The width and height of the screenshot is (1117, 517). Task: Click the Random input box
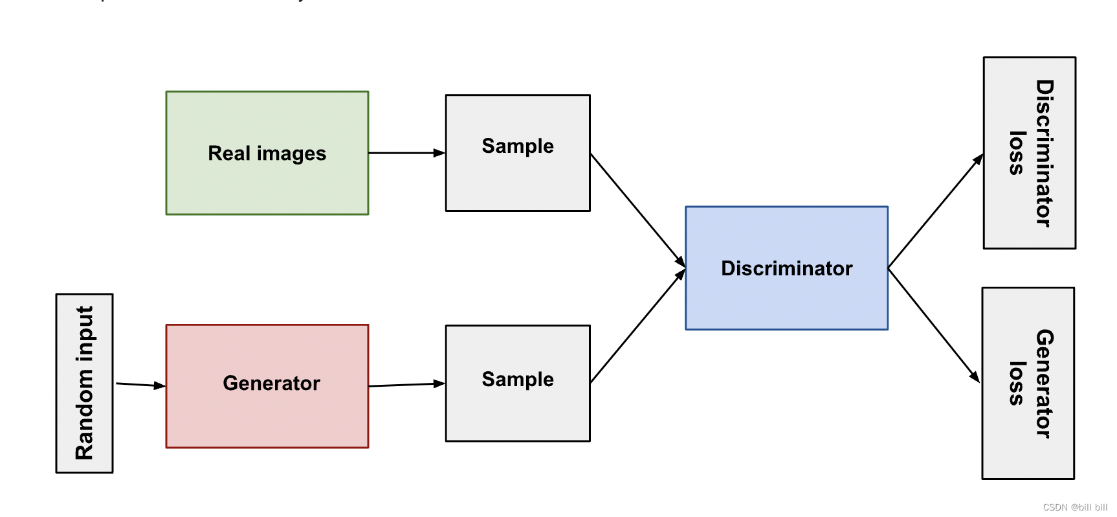click(84, 383)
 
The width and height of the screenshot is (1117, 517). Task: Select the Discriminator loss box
click(1029, 153)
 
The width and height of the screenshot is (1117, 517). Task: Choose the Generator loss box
click(1028, 384)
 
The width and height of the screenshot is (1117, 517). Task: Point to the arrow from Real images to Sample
click(406, 153)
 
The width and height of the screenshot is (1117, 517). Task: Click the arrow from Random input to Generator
click(140, 385)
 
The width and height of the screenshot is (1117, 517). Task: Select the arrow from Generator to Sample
click(406, 385)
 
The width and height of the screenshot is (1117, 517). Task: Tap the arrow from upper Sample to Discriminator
click(637, 209)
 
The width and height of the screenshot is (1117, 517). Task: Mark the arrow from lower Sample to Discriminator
click(637, 327)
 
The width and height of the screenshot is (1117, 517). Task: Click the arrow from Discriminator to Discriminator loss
click(935, 211)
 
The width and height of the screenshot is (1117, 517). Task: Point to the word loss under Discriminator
click(1017, 154)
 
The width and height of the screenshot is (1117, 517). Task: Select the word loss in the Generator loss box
click(1017, 384)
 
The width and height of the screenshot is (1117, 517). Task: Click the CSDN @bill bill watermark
click(1075, 507)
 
